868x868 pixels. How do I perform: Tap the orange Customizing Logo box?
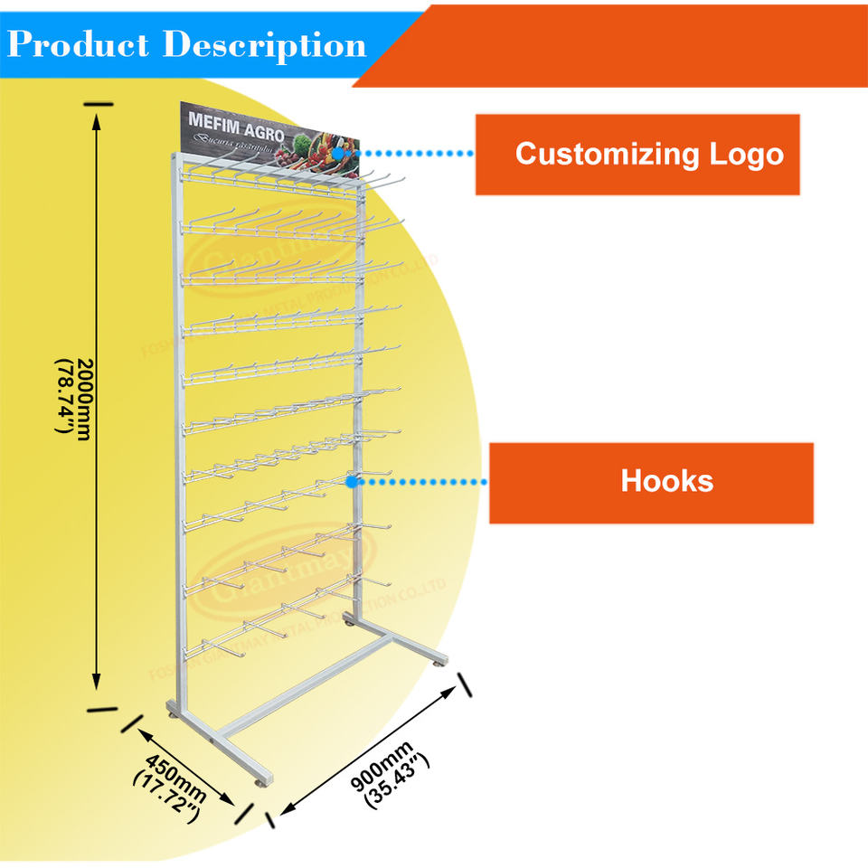pyautogui.click(x=637, y=154)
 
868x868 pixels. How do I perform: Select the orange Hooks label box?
pyautogui.click(x=651, y=482)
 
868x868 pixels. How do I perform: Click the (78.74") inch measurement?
pyautogui.click(x=65, y=398)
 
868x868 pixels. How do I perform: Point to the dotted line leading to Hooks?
pyautogui.click(x=420, y=482)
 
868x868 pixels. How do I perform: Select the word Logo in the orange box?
pyautogui.click(x=745, y=154)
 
